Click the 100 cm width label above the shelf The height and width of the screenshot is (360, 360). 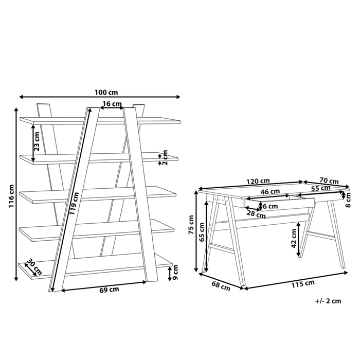coord(106,93)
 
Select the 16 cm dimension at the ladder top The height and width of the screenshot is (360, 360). coord(112,104)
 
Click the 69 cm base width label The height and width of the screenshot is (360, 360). coord(109,290)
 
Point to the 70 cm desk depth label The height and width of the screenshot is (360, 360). coord(330,181)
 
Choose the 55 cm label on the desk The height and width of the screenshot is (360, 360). coord(321,189)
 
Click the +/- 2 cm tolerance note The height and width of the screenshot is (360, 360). coord(327,302)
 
